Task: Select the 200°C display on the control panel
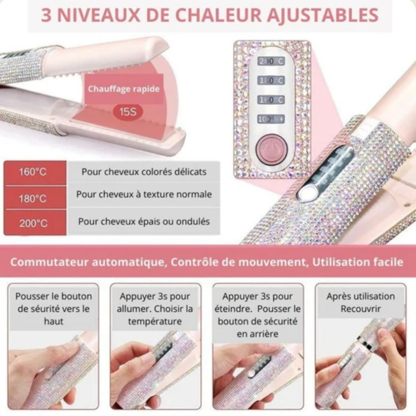(271, 62)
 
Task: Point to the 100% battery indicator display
(271, 120)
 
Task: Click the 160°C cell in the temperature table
(33, 172)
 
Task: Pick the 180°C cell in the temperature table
(33, 199)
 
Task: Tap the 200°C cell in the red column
(33, 223)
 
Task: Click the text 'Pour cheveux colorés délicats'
(144, 172)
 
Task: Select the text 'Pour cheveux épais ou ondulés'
(144, 222)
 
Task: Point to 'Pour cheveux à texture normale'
(144, 194)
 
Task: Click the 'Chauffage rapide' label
(124, 89)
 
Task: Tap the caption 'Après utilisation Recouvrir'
(360, 303)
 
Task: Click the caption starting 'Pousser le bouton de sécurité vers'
(54, 309)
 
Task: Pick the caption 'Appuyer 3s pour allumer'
(155, 309)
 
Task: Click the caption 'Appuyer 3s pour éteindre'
(257, 315)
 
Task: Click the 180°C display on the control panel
(271, 81)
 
